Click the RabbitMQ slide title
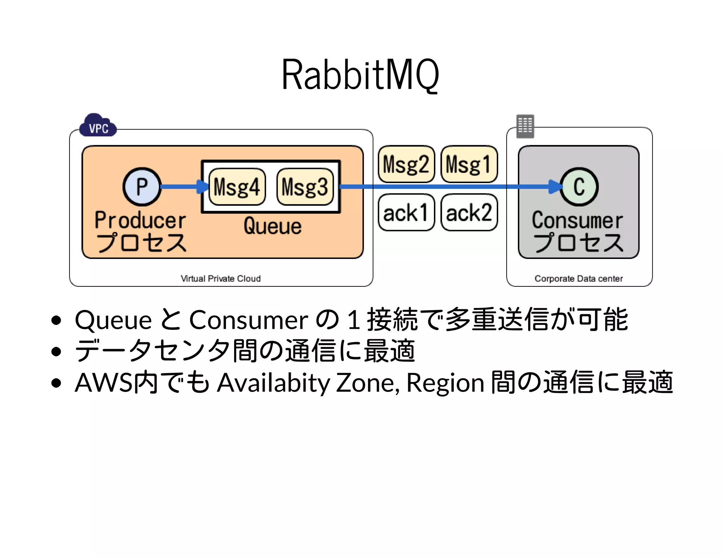click(x=360, y=75)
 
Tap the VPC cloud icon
click(x=98, y=126)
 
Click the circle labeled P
click(x=142, y=187)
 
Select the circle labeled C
click(x=579, y=187)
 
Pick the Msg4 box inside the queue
click(x=237, y=187)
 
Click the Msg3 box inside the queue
click(x=305, y=187)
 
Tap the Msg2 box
click(x=406, y=164)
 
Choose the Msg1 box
click(x=469, y=164)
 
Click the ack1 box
click(x=406, y=213)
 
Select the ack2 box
click(x=469, y=213)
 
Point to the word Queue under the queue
click(x=273, y=226)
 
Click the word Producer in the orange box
click(x=140, y=220)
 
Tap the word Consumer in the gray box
click(x=577, y=220)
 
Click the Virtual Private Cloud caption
click(x=221, y=279)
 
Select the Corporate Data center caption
click(x=579, y=279)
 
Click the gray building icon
click(x=525, y=126)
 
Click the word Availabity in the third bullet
click(x=273, y=383)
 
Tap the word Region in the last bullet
click(x=445, y=383)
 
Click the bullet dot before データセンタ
click(x=56, y=351)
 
